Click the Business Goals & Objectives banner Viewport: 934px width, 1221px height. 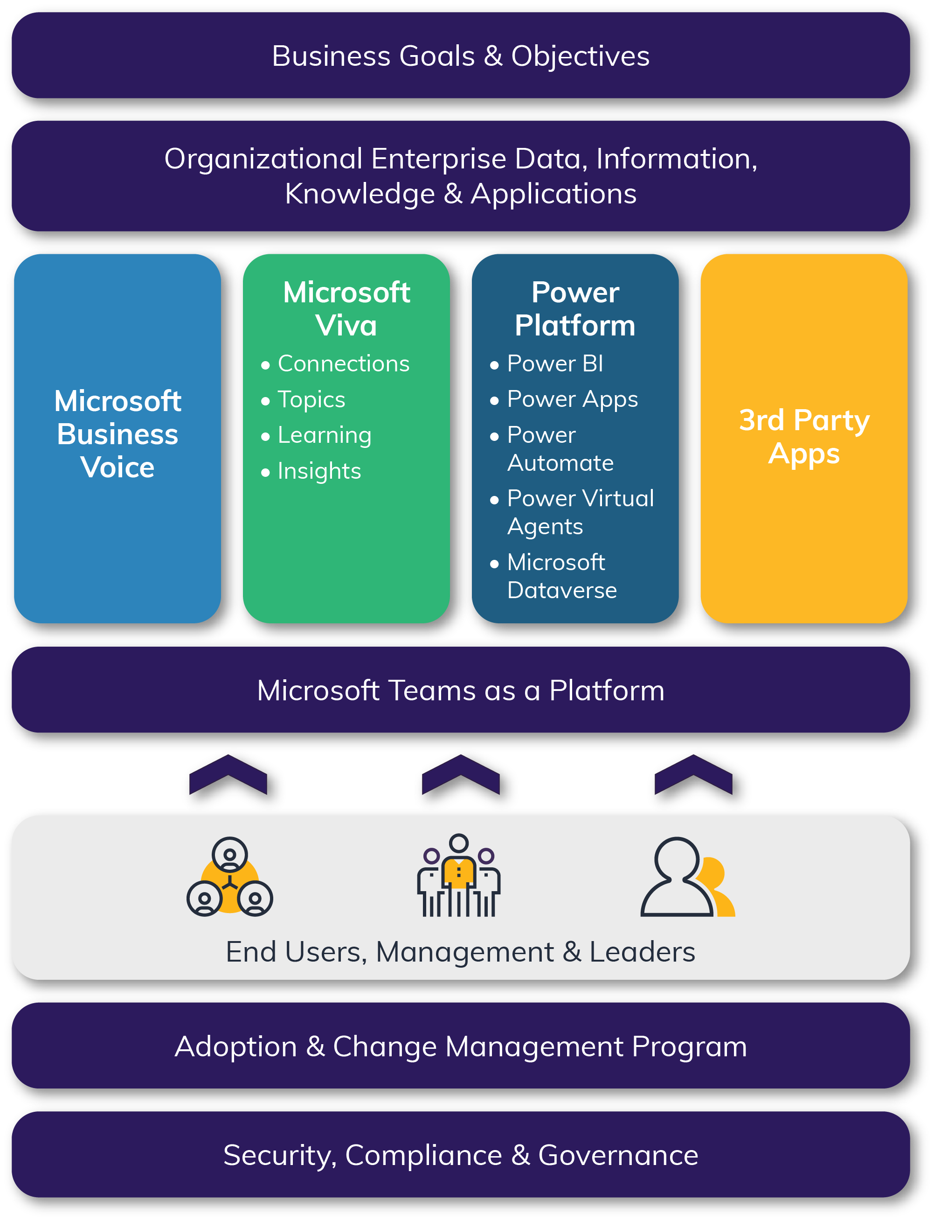point(460,56)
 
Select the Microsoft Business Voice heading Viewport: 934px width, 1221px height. point(118,434)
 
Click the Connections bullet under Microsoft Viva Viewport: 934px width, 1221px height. point(343,364)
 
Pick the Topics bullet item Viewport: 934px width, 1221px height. point(311,399)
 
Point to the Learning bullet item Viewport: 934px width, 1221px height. point(324,435)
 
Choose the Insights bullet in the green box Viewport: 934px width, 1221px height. point(319,471)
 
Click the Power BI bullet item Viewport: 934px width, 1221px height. point(555,364)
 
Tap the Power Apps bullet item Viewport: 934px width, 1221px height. point(572,399)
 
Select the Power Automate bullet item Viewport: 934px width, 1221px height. point(560,449)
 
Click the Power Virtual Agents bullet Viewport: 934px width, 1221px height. point(580,512)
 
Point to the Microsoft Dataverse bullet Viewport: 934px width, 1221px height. point(561,576)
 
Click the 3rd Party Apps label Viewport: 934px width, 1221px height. point(804,437)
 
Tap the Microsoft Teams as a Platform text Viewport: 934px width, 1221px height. point(460,691)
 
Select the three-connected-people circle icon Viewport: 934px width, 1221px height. point(229,877)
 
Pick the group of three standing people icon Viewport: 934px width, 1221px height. point(459,876)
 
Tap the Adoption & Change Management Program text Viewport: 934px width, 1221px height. point(460,1047)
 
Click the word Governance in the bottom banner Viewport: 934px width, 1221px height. point(618,1155)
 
